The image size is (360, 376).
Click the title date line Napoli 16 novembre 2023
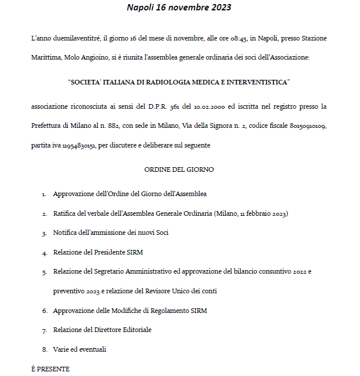point(179,8)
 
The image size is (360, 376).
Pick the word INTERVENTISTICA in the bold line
point(257,82)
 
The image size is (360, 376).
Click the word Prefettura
point(47,126)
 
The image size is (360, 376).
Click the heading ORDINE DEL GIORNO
point(179,169)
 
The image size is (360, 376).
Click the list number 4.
point(45,253)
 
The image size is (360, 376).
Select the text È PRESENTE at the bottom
point(50,368)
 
